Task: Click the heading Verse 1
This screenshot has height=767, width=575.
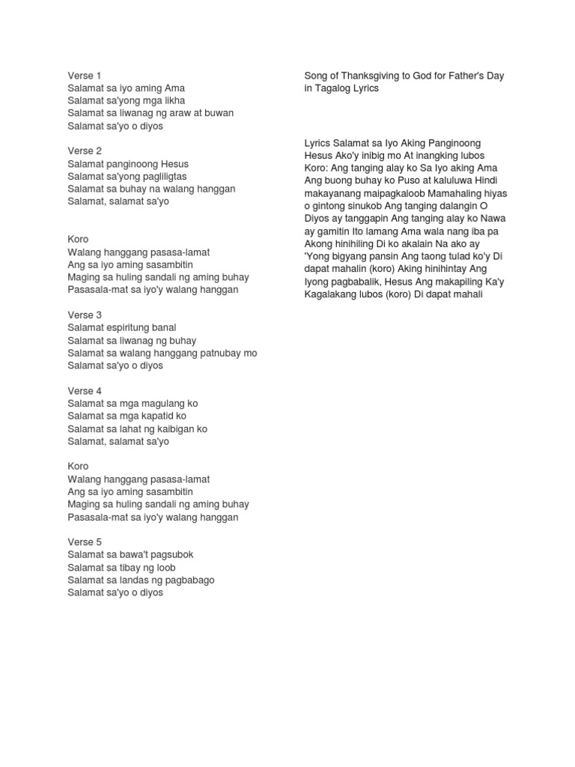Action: pos(84,76)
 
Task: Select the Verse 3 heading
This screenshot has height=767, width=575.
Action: pos(85,315)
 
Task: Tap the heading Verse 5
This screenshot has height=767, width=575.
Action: pos(85,542)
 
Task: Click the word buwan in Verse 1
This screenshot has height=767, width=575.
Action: pos(219,113)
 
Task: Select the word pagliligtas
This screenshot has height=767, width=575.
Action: pos(161,177)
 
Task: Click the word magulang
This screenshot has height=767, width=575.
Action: pos(156,404)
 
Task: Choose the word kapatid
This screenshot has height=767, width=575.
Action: pos(153,416)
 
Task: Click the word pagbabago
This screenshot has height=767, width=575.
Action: pos(189,580)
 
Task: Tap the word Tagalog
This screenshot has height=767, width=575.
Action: pos(334,88)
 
